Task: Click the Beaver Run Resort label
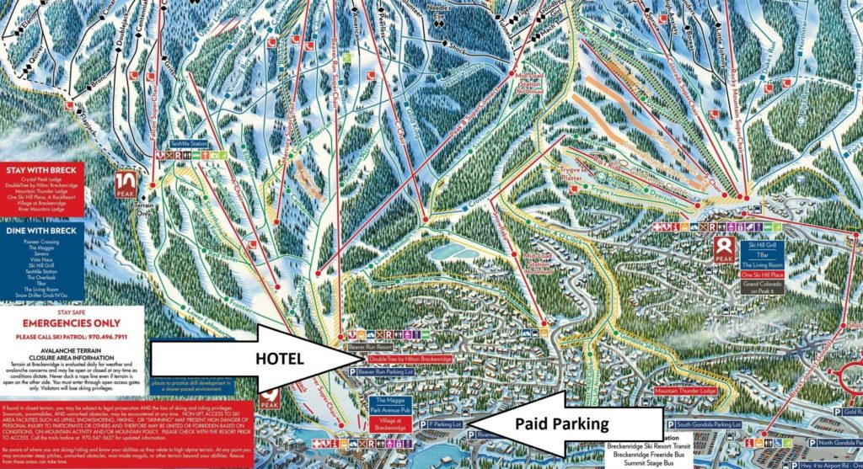coord(371,346)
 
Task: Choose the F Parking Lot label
coord(447,424)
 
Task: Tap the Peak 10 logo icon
coord(126,184)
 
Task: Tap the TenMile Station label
coord(187,144)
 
